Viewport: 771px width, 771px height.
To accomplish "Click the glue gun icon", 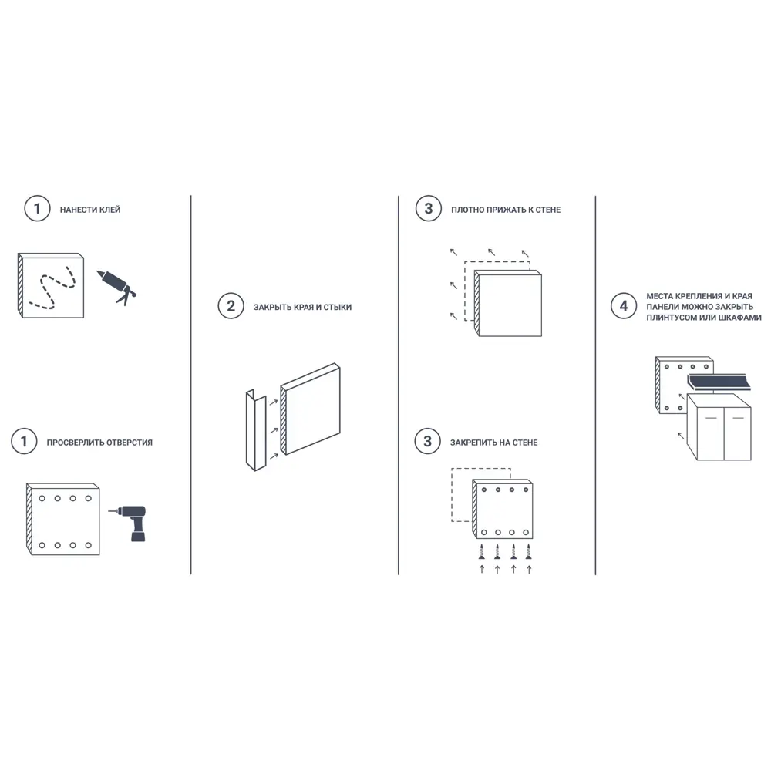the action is click(117, 287).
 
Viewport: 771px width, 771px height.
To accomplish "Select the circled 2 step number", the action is click(231, 306).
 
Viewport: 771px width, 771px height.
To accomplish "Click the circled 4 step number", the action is click(624, 306).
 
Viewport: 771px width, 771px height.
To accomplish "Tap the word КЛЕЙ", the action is click(109, 210).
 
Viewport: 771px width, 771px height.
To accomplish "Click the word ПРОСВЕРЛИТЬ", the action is click(75, 443).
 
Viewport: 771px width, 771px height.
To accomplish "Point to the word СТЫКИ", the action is click(338, 308).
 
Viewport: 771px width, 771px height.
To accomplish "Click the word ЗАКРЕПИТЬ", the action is click(473, 443).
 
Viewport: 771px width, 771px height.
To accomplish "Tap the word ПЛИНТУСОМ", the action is click(671, 318).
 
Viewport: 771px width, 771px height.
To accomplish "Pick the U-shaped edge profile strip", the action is click(256, 430).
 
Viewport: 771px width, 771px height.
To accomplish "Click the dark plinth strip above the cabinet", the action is click(719, 382).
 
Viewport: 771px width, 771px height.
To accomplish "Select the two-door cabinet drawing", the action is click(719, 427).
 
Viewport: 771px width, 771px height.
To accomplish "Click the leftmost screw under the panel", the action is click(482, 552).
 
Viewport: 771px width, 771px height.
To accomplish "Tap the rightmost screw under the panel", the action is click(529, 552).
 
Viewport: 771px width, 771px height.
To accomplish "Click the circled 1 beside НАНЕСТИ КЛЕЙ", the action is click(37, 208).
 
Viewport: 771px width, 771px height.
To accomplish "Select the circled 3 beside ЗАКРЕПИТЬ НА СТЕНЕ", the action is click(427, 441).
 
